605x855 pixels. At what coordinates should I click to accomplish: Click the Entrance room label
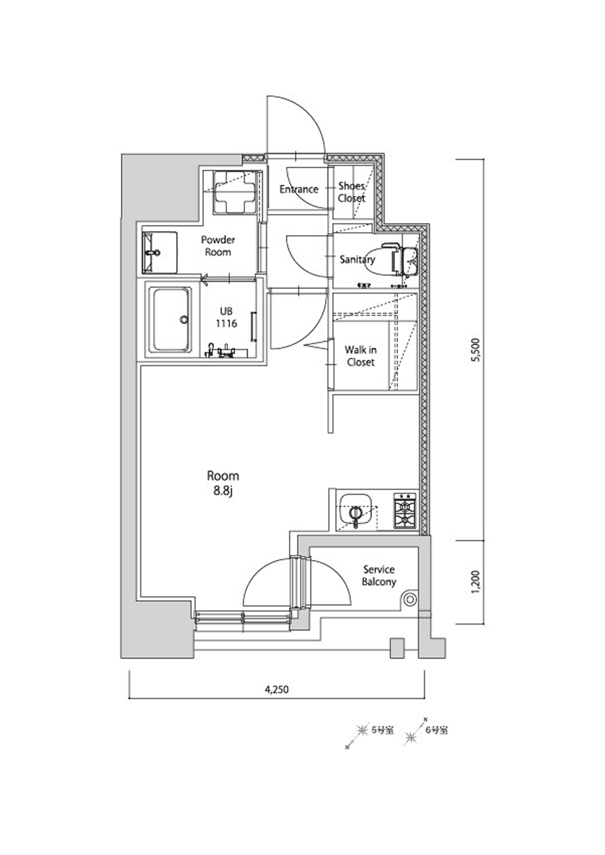pos(299,189)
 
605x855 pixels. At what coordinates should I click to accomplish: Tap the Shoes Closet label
pos(352,192)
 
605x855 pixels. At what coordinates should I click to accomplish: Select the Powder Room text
pos(218,246)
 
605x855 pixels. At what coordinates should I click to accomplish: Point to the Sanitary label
pos(358,260)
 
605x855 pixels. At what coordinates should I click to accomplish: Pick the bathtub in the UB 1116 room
pos(171,320)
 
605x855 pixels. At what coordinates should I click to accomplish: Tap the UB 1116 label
pos(226,317)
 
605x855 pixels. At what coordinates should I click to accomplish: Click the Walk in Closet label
pos(361,356)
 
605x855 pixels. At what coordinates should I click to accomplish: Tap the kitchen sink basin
pos(356,511)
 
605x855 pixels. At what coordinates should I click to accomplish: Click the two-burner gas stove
pos(405,511)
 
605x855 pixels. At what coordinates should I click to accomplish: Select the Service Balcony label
pos(379,576)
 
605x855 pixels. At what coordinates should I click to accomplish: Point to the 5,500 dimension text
pos(477,350)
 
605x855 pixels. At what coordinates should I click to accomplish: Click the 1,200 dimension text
pos(477,582)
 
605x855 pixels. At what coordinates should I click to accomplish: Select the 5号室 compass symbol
pos(360,730)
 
